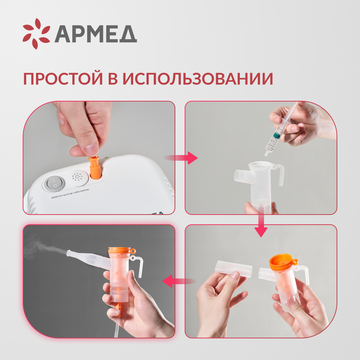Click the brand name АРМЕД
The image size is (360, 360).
(x=95, y=35)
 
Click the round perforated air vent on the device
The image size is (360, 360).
(x=77, y=177)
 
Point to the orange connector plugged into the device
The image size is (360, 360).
(x=95, y=168)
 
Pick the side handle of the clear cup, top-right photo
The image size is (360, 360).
(x=279, y=175)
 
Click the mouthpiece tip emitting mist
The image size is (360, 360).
(x=69, y=253)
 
